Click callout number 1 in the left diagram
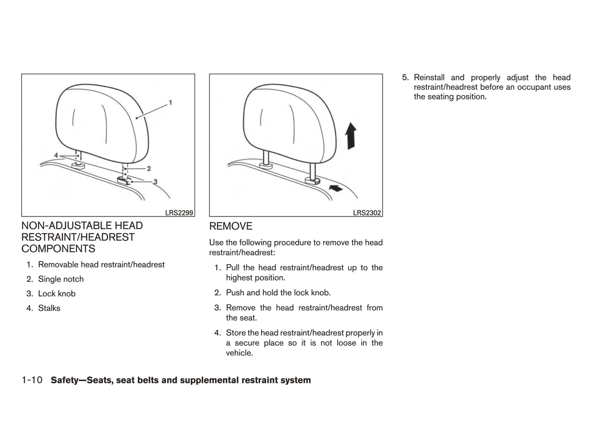[x=171, y=103]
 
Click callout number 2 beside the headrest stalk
[x=149, y=169]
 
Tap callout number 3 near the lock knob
[x=155, y=182]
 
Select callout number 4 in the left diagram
[x=56, y=155]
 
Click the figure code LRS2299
[x=179, y=213]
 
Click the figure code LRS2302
[x=367, y=213]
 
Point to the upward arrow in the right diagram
[x=351, y=136]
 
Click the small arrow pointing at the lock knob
[x=336, y=188]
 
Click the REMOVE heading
[x=231, y=226]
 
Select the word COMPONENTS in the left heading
[x=58, y=248]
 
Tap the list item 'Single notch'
[x=61, y=279]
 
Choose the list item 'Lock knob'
[x=57, y=294]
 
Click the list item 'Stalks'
[x=49, y=308]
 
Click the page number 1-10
[x=32, y=380]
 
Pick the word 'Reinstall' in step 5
[x=429, y=77]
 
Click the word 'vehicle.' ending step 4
[x=240, y=353]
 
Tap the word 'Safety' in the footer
[x=65, y=380]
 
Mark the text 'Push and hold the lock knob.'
[x=279, y=293]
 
